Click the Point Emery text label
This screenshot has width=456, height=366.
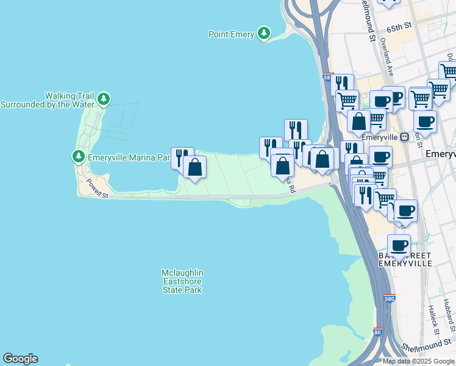231,35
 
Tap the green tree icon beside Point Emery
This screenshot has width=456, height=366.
264,34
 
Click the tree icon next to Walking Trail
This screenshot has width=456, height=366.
104,99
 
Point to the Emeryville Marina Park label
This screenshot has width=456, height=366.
128,157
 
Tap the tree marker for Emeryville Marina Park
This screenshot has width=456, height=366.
79,157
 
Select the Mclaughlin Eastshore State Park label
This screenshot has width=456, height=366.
182,281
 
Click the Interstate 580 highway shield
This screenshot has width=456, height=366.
390,300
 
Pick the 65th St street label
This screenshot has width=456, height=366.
399,27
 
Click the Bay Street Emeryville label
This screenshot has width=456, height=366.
405,259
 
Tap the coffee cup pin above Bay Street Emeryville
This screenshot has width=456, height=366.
399,245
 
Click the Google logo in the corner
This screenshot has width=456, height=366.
20,359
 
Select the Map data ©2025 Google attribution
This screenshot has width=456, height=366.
419,361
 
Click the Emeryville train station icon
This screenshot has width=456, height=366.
404,137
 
